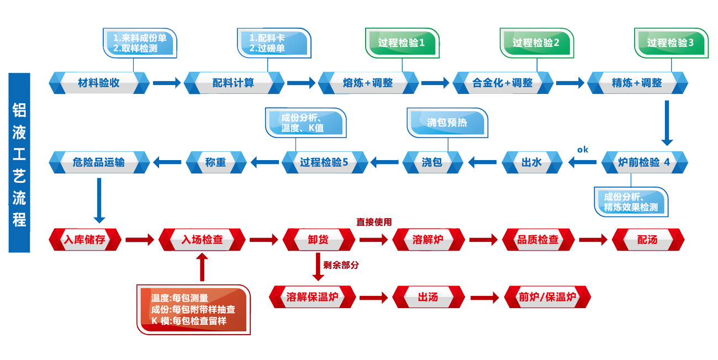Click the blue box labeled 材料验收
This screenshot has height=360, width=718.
[99, 83]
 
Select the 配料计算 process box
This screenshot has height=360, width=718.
[234, 83]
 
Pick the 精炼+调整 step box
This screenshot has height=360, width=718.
[637, 83]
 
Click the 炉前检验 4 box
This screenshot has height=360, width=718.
[644, 162]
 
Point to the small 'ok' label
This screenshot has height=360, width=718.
[583, 150]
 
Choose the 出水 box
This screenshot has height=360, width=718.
[531, 162]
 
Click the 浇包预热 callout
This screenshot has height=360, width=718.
[447, 123]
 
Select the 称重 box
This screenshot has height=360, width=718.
[215, 162]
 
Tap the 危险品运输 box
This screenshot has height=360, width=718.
[99, 162]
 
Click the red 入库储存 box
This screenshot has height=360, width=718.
[85, 240]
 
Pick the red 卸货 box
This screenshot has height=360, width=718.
[318, 240]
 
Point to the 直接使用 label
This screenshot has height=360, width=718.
[374, 223]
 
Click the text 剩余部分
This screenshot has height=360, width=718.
[341, 265]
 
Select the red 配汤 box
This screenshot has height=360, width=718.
[648, 240]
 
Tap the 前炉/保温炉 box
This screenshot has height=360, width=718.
[547, 298]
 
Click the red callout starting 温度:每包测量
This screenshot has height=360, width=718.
[193, 309]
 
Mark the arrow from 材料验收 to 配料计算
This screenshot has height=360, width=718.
[167, 83]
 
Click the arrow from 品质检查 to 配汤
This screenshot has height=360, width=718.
[593, 240]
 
